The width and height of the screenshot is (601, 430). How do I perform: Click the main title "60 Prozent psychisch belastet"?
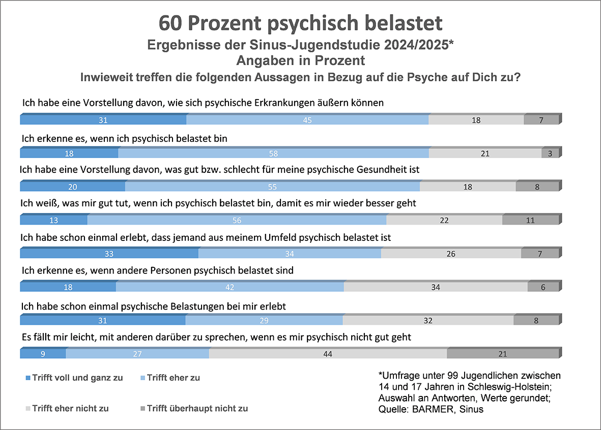tap(300, 23)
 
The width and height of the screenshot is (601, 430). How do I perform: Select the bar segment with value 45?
tap(307, 120)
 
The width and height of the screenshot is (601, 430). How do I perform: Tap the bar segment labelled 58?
tap(273, 153)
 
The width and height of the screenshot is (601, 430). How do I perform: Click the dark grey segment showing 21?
tap(503, 354)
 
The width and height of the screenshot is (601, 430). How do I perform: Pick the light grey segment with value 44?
tap(328, 354)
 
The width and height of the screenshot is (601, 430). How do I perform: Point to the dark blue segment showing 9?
tap(43, 354)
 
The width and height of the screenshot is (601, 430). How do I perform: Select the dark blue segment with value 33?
tap(109, 254)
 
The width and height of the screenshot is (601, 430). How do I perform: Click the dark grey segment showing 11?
tap(530, 221)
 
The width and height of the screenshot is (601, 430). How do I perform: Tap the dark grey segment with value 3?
tap(550, 153)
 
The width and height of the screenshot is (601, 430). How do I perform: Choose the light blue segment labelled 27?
tap(137, 354)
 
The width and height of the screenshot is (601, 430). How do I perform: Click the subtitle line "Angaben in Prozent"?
tap(300, 60)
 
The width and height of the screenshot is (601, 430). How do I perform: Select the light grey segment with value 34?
tap(436, 287)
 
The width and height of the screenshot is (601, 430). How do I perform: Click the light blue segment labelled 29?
tap(264, 321)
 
